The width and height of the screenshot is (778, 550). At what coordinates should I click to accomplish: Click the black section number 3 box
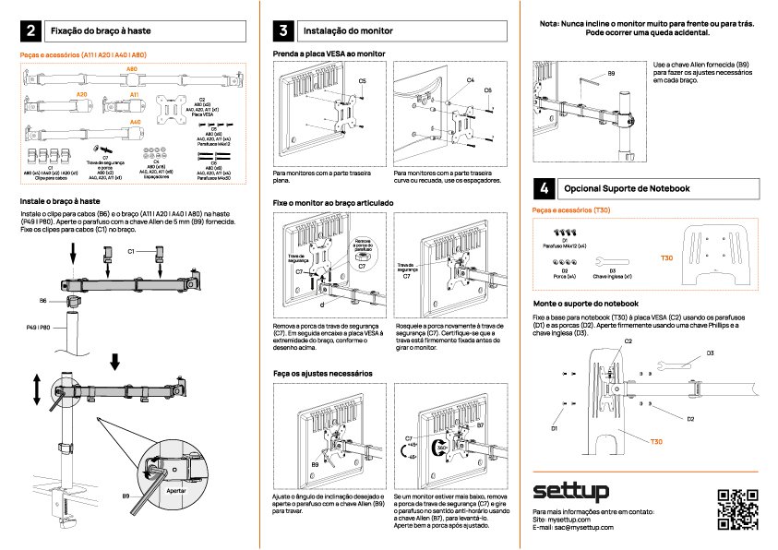point(284,31)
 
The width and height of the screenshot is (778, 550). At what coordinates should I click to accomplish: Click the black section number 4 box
point(545,188)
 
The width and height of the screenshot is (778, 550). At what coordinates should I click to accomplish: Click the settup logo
point(570,490)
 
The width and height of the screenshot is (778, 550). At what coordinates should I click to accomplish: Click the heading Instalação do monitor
point(344,31)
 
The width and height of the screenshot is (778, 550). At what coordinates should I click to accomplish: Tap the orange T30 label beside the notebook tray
point(666,258)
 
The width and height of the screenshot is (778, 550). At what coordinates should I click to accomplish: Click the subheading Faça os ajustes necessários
point(322,374)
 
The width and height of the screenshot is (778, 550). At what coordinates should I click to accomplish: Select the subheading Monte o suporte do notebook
point(586,303)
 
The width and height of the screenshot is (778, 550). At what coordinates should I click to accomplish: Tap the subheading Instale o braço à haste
point(60,200)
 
